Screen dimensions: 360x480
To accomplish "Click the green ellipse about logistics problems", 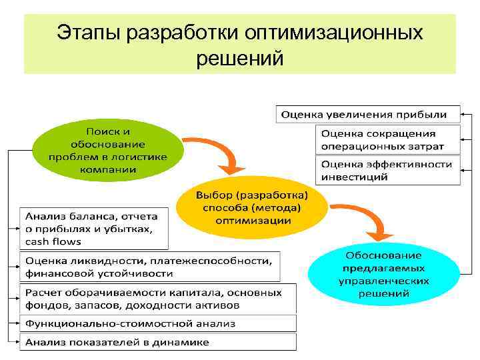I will pos(107,148).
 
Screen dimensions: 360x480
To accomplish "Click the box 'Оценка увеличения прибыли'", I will pos(368,115).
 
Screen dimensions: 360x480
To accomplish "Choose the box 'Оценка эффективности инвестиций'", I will pos(387,171).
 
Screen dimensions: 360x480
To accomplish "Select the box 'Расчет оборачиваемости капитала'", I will pos(153,299).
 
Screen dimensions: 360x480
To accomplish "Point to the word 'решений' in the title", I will pos(240,59).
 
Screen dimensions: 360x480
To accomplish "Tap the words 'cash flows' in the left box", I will pos(53,241).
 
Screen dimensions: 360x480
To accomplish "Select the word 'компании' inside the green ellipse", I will pos(107,169).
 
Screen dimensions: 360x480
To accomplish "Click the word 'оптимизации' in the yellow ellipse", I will pos(253,220).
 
